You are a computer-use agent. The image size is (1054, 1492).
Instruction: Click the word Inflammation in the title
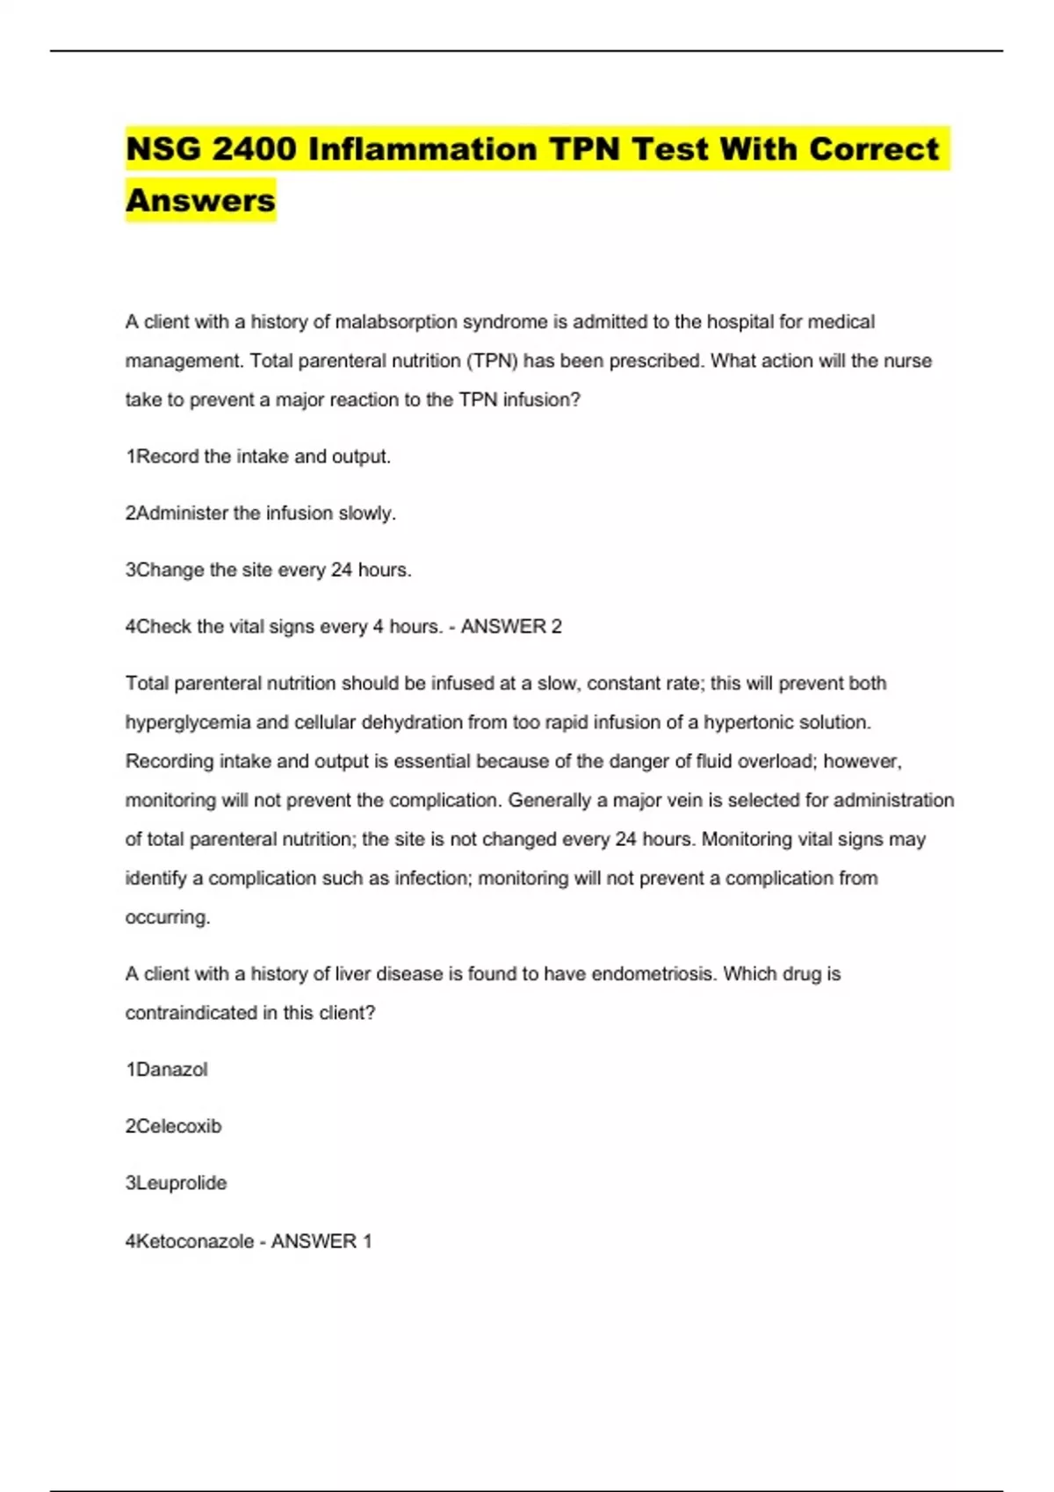[x=422, y=149]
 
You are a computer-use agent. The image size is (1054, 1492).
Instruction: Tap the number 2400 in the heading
[x=255, y=149]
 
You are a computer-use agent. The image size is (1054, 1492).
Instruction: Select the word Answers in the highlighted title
[x=200, y=200]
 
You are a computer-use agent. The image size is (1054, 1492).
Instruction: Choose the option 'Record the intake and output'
[x=258, y=456]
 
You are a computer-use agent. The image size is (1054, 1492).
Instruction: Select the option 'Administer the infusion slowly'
[x=261, y=513]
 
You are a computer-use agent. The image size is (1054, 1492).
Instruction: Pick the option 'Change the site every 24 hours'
[x=269, y=570]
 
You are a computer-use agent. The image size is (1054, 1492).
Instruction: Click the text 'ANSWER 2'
[x=511, y=627]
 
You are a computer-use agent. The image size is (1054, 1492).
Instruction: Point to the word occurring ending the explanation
[x=168, y=917]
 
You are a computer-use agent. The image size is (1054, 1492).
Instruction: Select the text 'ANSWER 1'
[x=321, y=1241]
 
